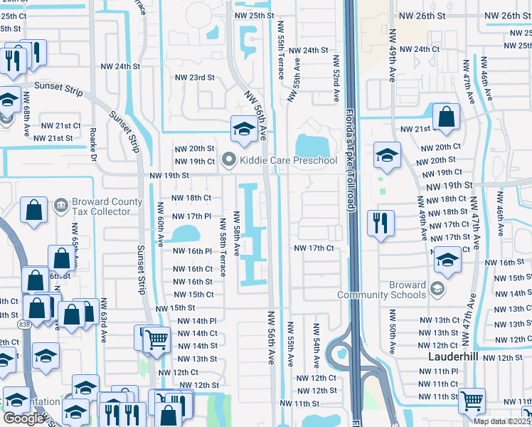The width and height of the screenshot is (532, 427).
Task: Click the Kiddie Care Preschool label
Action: pos(288,160)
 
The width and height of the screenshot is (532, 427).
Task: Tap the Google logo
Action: pos(23,418)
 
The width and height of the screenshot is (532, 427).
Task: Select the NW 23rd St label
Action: pos(194,78)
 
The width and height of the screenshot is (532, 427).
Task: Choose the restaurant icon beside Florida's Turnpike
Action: pos(381,223)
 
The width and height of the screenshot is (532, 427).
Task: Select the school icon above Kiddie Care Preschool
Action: pos(243,129)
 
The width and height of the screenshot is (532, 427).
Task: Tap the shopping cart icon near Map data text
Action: pos(471,401)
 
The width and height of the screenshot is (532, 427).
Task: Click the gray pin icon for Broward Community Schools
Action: pos(437,289)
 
